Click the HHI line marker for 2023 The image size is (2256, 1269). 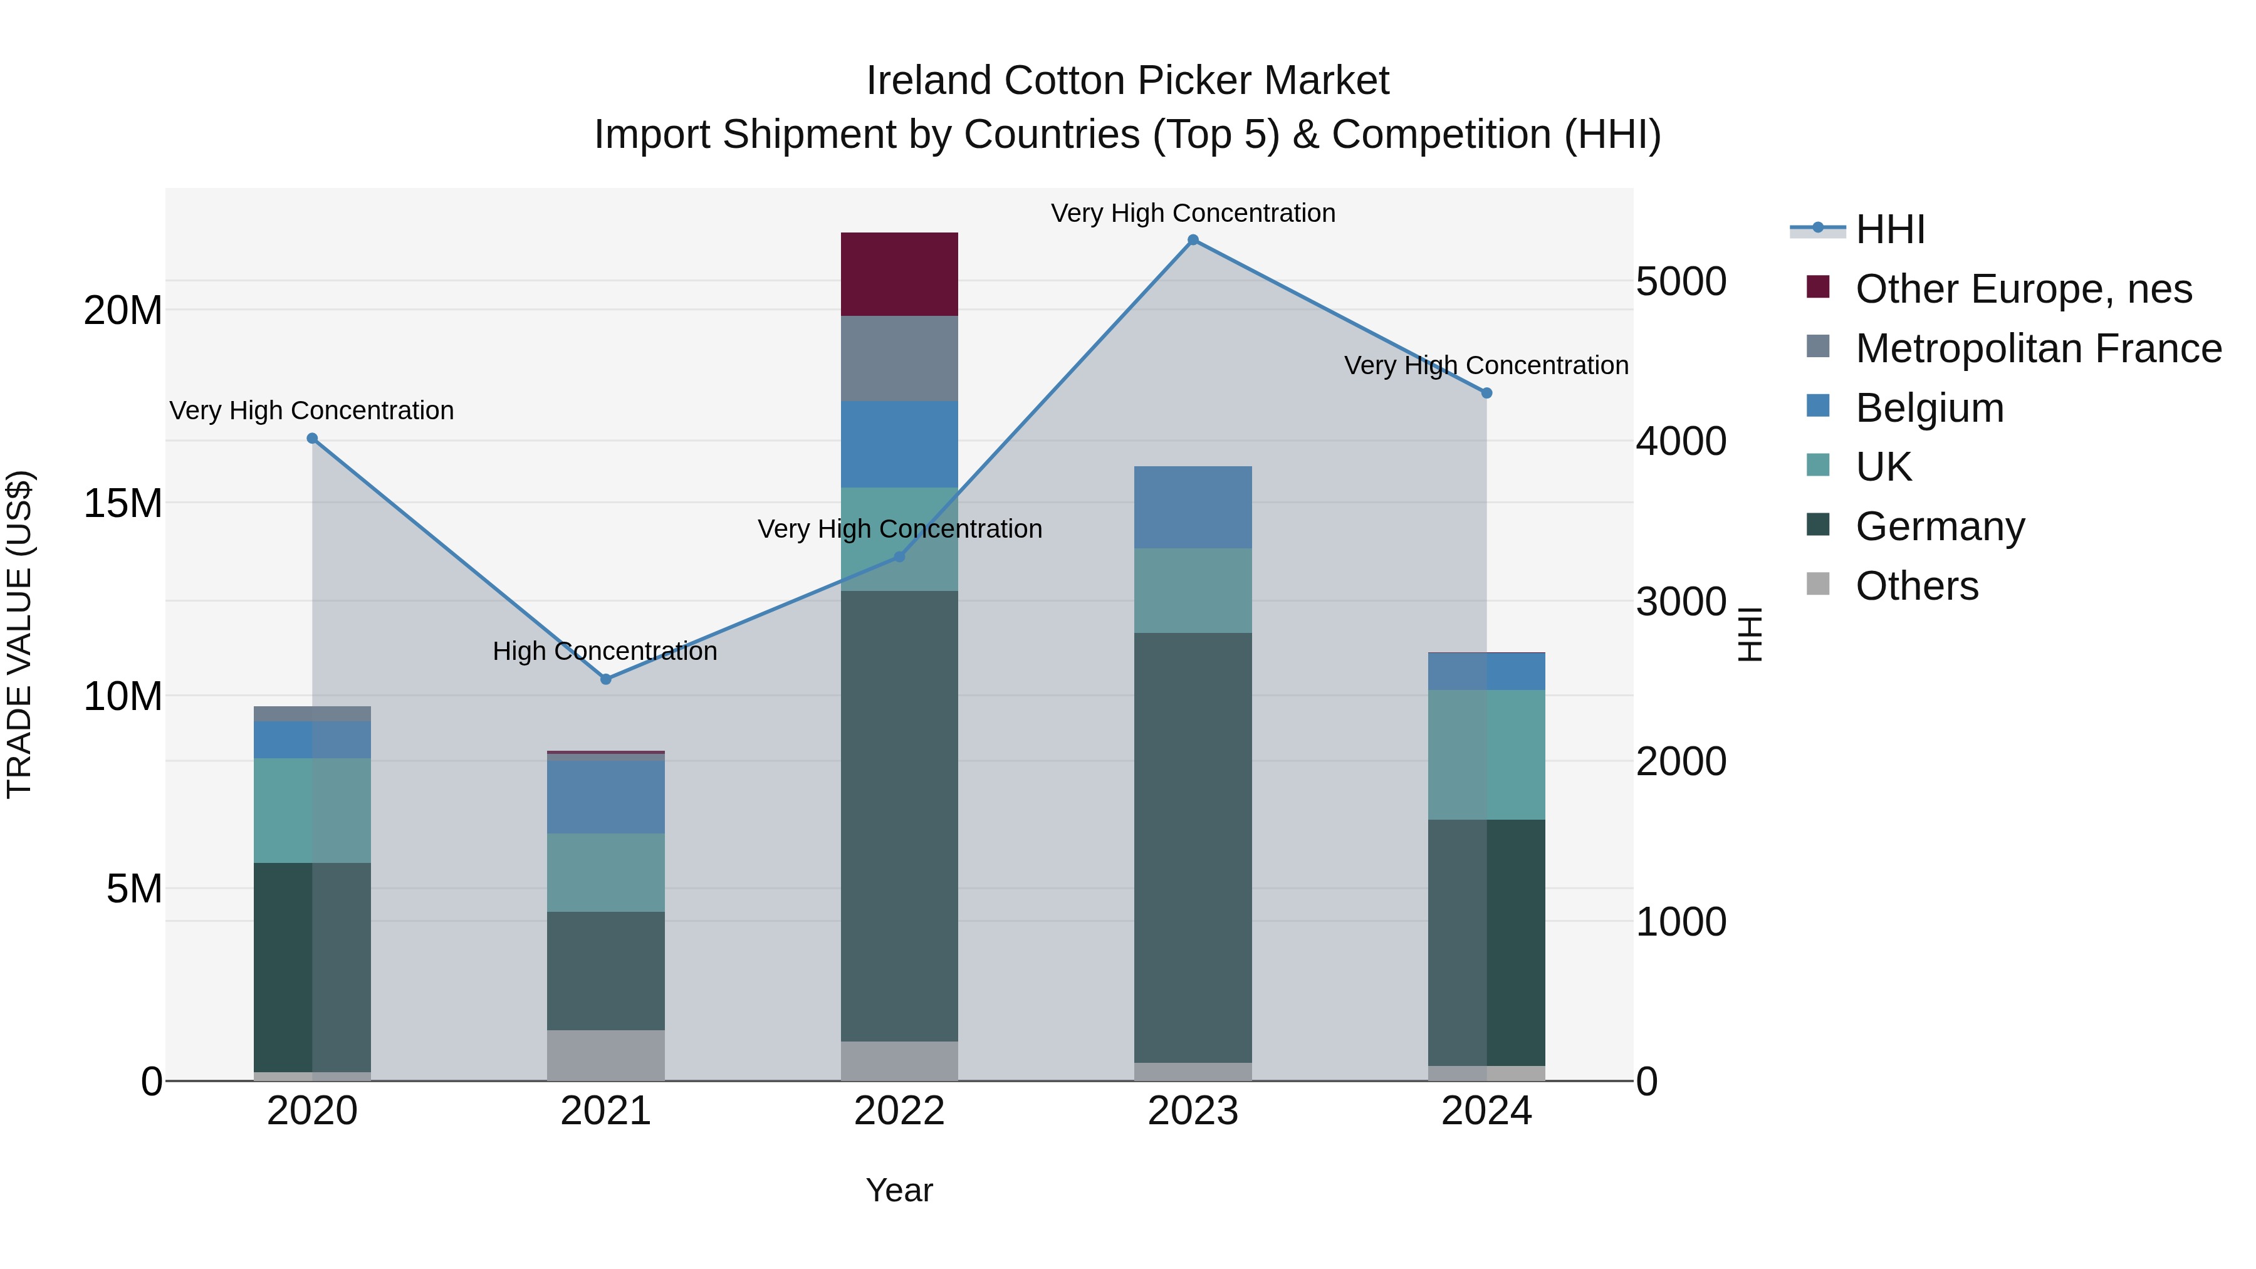tap(1193, 240)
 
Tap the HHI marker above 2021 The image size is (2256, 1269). tap(606, 679)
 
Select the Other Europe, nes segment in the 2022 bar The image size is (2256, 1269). tap(899, 274)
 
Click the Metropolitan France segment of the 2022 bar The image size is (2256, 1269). tap(899, 358)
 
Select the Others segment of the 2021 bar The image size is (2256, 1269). tap(606, 1055)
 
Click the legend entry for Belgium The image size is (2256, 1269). tap(1930, 408)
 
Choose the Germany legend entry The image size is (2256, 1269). tap(1940, 526)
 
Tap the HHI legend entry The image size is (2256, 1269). tap(1890, 229)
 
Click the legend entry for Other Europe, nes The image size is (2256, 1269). tap(2023, 289)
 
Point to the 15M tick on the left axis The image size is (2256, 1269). tap(123, 504)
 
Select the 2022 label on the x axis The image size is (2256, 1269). tap(899, 1111)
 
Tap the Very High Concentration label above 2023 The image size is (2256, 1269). tap(1193, 213)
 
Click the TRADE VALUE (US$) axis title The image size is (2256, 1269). tap(19, 634)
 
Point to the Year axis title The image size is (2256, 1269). tap(899, 1190)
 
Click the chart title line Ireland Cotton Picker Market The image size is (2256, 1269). tap(1127, 81)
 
